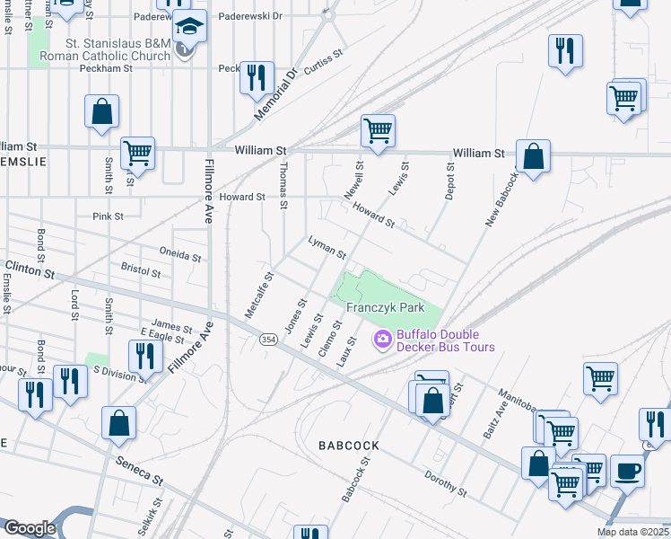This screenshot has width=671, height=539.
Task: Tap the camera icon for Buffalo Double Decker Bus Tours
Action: [381, 339]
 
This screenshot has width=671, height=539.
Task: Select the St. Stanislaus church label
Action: [118, 49]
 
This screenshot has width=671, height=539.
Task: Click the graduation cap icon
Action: [190, 28]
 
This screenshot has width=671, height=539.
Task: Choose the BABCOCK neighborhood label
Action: [349, 446]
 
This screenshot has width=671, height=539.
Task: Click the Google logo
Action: [29, 528]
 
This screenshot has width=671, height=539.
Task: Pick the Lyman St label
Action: [327, 247]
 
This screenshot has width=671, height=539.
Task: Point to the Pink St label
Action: [108, 216]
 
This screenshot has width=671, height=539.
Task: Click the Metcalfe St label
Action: [257, 295]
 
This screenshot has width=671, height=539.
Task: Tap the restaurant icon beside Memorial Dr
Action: [257, 77]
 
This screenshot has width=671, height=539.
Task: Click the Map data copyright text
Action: [633, 532]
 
